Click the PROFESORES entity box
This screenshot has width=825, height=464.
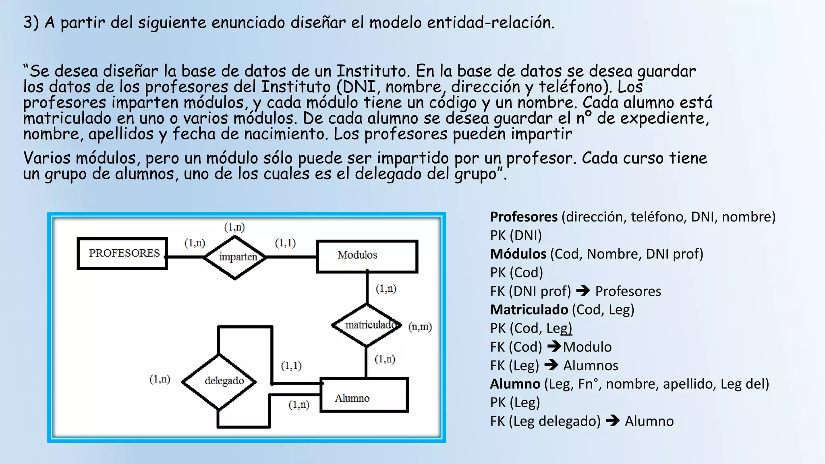[x=122, y=253]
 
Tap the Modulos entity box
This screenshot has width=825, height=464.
[x=367, y=256]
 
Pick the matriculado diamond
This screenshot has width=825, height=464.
[x=367, y=325]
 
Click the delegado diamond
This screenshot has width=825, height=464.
[x=219, y=381]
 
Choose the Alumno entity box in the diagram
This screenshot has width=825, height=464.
[x=364, y=395]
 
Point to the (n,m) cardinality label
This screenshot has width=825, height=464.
[x=420, y=327]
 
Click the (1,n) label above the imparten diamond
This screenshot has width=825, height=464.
[x=234, y=227]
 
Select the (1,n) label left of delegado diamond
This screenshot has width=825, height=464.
[x=160, y=379]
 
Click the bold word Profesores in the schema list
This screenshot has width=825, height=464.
[x=524, y=217]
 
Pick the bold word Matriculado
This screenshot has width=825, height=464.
[x=529, y=310]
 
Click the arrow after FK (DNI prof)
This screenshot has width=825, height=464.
[x=583, y=290]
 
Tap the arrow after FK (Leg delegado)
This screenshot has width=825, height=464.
[x=613, y=420]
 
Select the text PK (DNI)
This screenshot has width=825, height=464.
[x=516, y=236]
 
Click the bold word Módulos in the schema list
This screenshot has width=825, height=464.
[x=518, y=254]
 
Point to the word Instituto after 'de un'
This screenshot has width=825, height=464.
[x=373, y=71]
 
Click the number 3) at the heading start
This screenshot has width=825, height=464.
[x=31, y=23]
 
